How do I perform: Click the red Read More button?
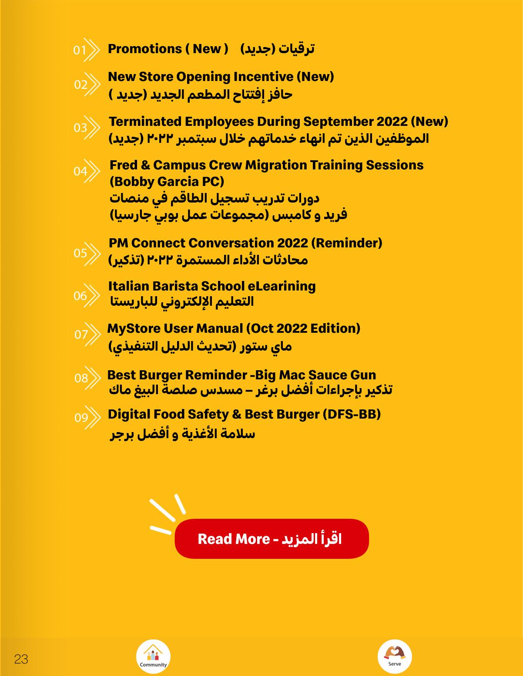click(272, 539)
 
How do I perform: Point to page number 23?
click(21, 659)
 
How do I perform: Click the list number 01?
click(80, 50)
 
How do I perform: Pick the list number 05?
click(80, 253)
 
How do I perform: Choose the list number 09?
click(81, 418)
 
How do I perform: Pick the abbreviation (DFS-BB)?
click(352, 414)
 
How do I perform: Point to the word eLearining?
click(282, 286)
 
